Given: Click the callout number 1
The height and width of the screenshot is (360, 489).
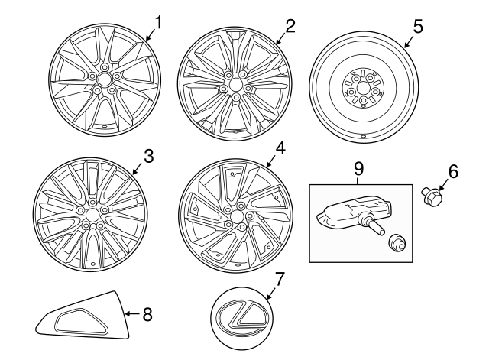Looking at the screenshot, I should coord(159,24).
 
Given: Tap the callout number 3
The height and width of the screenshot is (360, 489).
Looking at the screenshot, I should coord(149,157).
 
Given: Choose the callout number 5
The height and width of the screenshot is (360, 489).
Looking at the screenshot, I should coord(417,25).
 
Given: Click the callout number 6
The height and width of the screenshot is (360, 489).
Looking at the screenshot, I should coord(453,172).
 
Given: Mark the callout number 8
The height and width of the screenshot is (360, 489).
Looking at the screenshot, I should coord(147,313).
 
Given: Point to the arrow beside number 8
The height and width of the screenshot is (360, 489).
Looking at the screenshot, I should coord(131,313).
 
